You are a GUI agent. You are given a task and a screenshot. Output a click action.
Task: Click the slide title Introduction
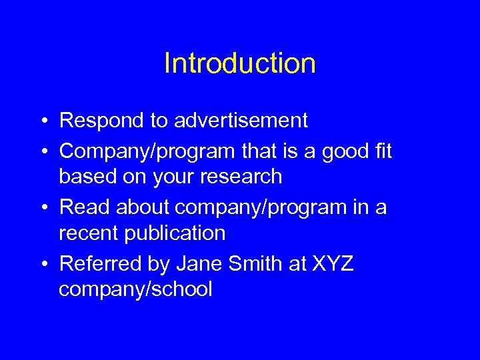[239, 64]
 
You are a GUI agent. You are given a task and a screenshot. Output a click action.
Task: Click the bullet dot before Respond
[42, 121]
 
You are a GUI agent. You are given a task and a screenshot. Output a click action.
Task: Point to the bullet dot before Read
[42, 207]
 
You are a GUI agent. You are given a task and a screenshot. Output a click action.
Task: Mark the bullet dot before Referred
[42, 265]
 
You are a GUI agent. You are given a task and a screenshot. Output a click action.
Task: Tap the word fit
[383, 151]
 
